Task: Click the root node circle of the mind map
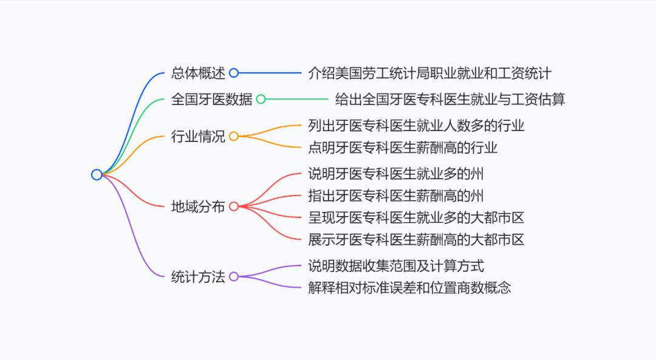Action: coord(97,175)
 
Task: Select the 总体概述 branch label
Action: coord(198,73)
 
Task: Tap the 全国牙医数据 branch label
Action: coord(211,99)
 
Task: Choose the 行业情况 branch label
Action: coord(198,137)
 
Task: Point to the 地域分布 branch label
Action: coord(198,206)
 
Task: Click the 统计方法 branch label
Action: coord(198,277)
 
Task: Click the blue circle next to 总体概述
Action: coord(234,73)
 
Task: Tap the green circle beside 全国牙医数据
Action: coord(261,99)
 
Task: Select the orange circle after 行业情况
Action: coord(234,137)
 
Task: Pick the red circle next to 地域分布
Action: coord(234,206)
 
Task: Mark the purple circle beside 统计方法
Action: coord(234,277)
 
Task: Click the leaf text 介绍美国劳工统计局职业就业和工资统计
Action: coord(429,73)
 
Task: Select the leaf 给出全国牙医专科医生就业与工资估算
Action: coord(450,99)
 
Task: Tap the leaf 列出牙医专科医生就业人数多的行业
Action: coord(416,126)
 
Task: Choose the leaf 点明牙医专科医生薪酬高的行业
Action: coord(403,147)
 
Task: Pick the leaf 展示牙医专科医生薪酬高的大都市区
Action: coord(416,239)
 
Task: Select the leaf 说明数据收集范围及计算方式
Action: coord(396,266)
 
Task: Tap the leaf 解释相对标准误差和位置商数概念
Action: coord(409,288)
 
